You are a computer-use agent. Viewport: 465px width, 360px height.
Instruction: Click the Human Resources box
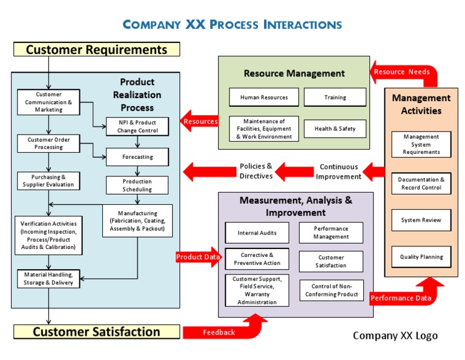coord(264,98)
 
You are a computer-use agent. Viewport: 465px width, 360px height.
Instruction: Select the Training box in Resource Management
coord(335,98)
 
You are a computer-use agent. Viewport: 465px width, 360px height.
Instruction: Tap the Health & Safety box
coord(335,128)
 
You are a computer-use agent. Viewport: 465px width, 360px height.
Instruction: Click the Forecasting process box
coord(137,157)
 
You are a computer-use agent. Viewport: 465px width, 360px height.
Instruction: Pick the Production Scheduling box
coord(137,185)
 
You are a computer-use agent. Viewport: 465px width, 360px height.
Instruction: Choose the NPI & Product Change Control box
coord(137,126)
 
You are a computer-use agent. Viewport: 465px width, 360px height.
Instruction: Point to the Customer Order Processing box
coord(48,144)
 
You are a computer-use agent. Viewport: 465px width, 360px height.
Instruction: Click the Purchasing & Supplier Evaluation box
coord(48,181)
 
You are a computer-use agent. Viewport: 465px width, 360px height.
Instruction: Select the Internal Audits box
coord(257,233)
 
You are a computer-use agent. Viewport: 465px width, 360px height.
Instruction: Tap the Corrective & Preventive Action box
coord(257,259)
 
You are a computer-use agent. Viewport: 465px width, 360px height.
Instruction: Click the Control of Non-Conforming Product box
coord(331,290)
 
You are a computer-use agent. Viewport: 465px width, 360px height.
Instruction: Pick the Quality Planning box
coord(421,257)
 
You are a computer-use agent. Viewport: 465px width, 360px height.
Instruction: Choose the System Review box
coord(421,220)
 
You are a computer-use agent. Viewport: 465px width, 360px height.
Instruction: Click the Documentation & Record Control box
coord(421,184)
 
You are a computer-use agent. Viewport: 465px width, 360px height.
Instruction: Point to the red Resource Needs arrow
coord(403,72)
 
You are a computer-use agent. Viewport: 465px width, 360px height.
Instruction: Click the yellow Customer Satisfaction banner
coord(97,332)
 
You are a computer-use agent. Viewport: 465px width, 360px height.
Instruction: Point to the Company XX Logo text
coord(395,336)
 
